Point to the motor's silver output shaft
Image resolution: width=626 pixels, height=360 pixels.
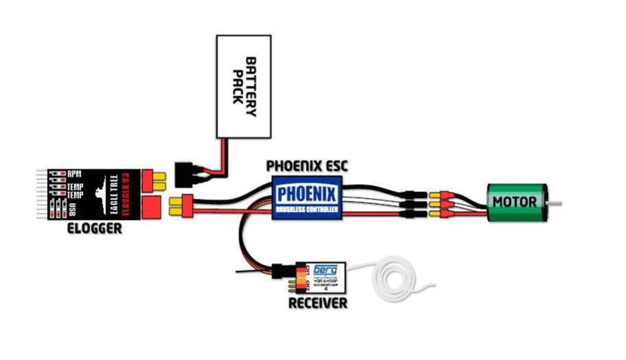point(557,202)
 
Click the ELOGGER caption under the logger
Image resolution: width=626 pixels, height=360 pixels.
point(94,230)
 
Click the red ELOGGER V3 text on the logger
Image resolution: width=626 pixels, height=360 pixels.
point(125,193)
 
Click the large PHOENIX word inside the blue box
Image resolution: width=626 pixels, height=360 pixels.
point(307,195)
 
